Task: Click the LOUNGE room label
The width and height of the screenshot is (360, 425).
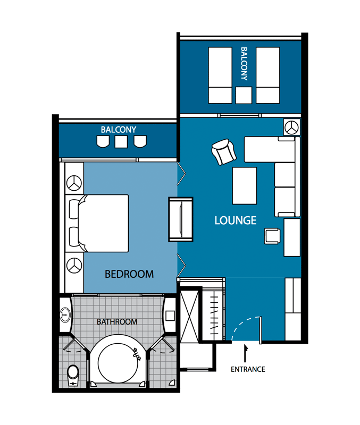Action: [236, 220]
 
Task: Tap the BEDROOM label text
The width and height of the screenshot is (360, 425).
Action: [129, 274]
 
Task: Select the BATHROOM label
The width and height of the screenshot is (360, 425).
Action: [117, 322]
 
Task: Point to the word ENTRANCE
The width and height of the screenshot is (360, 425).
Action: [248, 369]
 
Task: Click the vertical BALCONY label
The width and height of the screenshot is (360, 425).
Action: [244, 64]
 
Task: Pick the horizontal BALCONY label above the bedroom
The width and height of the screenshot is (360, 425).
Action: [119, 130]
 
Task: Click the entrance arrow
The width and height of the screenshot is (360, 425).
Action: [246, 353]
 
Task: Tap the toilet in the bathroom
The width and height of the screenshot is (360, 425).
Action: [73, 376]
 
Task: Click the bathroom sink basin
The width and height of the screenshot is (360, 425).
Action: [65, 315]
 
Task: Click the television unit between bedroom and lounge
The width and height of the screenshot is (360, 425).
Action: [181, 219]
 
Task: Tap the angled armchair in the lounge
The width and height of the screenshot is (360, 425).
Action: [224, 152]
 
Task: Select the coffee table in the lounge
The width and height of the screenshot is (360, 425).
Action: [245, 185]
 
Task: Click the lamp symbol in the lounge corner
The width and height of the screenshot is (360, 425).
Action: [291, 127]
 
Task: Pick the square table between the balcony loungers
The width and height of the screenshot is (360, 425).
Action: [244, 95]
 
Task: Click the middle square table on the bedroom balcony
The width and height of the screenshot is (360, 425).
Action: [121, 142]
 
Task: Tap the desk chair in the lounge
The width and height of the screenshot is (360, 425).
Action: [272, 236]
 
